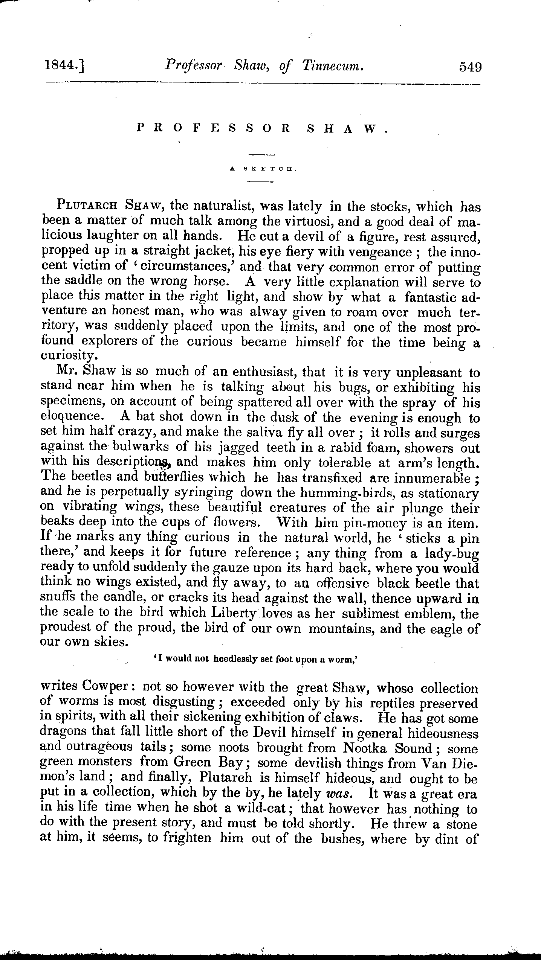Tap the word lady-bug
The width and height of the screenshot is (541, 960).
[x=452, y=553]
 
